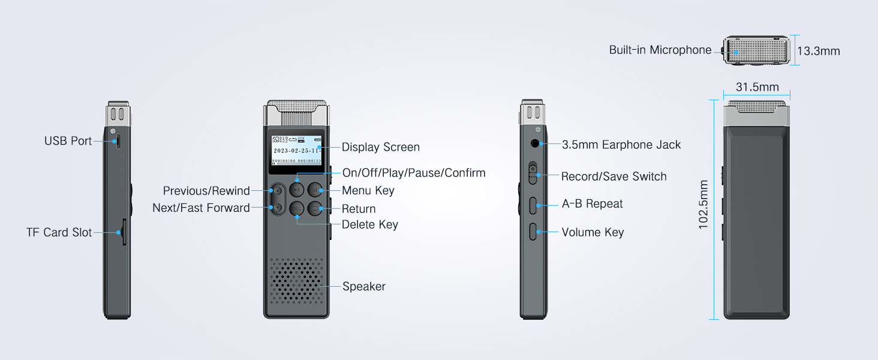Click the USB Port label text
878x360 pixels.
coord(68,141)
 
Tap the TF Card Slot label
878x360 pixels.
coord(59,232)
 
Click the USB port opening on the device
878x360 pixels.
coord(119,141)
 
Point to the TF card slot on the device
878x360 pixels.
coord(124,232)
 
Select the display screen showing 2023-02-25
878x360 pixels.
coord(296,150)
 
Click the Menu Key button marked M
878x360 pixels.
coord(315,190)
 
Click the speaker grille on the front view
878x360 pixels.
coord(296,281)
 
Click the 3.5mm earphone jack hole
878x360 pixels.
coord(534,143)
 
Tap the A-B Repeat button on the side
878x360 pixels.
coord(533,205)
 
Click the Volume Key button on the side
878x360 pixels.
coord(533,232)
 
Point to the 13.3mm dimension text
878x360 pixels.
coord(818,51)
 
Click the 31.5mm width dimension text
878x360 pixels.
coord(757,87)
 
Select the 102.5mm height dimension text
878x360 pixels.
coord(703,204)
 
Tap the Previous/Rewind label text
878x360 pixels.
coord(206,191)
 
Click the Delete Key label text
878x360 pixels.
coord(369,225)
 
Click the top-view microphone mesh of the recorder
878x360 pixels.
coord(756,50)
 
